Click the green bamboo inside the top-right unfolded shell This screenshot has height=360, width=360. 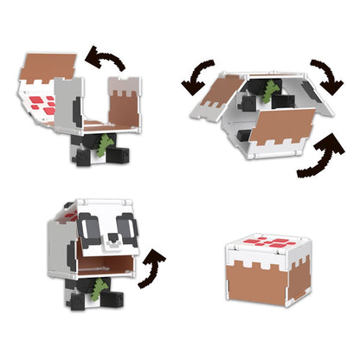270,89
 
